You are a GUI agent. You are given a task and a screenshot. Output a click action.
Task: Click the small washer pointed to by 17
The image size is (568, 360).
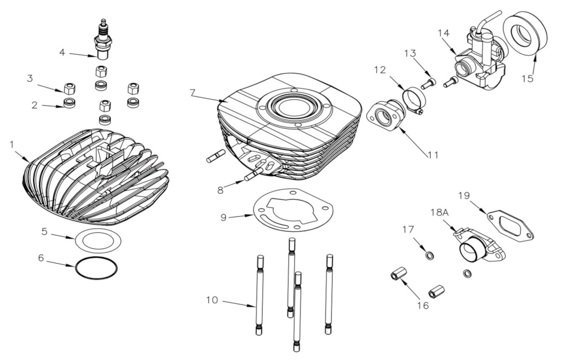point(429,255)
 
